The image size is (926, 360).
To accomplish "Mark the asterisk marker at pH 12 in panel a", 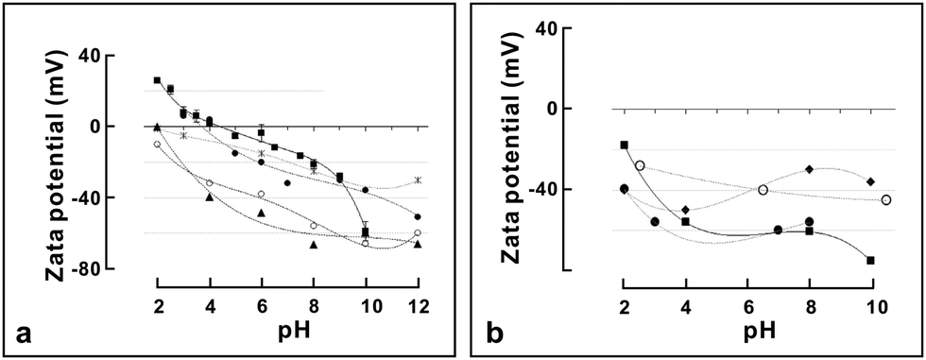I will pyautogui.click(x=417, y=180).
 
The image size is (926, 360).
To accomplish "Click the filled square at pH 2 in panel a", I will pyautogui.click(x=158, y=80).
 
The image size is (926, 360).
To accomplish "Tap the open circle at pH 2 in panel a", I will pyautogui.click(x=158, y=144).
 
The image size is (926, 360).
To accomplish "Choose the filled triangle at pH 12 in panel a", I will pyautogui.click(x=417, y=244).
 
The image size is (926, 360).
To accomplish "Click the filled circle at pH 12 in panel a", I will pyautogui.click(x=417, y=216).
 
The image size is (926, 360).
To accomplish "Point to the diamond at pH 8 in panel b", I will pyautogui.click(x=810, y=169).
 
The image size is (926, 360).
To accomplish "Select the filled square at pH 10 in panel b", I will pyautogui.click(x=870, y=260).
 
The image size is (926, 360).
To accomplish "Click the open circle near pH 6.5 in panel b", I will pyautogui.click(x=763, y=190).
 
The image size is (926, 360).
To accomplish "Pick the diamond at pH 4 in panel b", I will pyautogui.click(x=686, y=210).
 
